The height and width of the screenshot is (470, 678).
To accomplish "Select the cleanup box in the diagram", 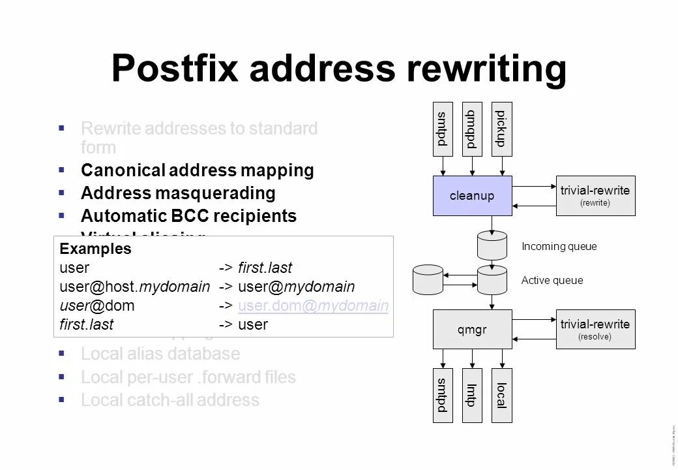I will (x=472, y=196).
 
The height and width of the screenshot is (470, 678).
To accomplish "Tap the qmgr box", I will (x=472, y=330).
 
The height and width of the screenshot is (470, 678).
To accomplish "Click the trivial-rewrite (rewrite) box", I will (x=595, y=196).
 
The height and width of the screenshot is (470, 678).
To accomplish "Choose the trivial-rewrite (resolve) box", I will (x=595, y=330).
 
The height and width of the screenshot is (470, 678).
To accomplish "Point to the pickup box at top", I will (x=501, y=129).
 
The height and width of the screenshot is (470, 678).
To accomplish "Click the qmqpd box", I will (x=471, y=129).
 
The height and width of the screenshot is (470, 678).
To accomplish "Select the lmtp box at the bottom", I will (x=471, y=396).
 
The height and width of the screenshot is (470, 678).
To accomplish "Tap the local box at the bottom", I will (x=501, y=396).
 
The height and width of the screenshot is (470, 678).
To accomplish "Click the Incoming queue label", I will (x=559, y=247).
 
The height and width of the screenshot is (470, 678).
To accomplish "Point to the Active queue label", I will (x=552, y=281).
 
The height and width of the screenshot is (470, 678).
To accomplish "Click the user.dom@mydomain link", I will (x=314, y=305).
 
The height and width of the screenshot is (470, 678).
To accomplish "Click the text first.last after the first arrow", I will (x=265, y=268).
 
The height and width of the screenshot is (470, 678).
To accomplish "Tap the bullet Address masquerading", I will (x=178, y=193).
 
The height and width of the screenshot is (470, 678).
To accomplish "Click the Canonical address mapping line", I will (x=197, y=170).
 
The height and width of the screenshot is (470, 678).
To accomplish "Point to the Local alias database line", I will (x=160, y=354).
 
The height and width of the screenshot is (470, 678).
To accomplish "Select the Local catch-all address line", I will (x=169, y=400).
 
